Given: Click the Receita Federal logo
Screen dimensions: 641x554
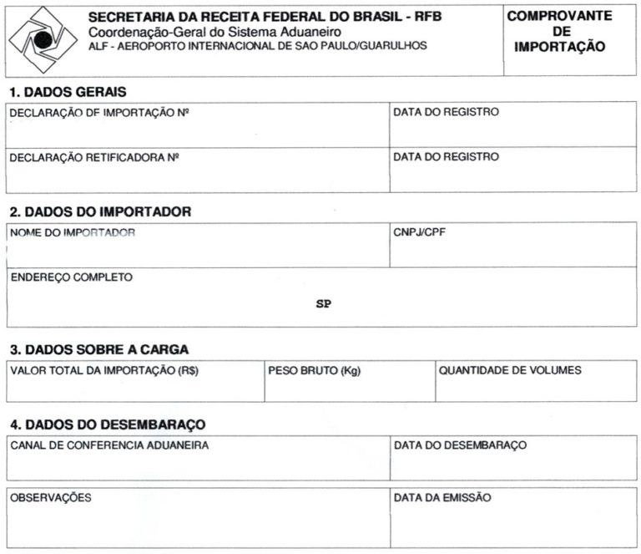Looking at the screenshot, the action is click(42, 39).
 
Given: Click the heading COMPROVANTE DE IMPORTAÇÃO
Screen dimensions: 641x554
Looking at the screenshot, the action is click(559, 32).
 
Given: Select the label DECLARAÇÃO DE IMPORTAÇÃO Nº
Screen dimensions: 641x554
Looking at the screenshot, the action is click(99, 112).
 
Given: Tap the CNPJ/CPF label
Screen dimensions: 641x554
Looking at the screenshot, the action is click(419, 232).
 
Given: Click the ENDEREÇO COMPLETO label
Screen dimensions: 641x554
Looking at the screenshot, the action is click(71, 277).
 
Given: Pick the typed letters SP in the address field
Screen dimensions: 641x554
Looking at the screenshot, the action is click(323, 304).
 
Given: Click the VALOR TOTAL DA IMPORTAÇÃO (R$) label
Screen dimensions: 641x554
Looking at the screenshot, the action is click(103, 370).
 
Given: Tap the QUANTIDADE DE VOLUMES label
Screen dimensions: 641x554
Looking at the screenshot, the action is click(510, 370).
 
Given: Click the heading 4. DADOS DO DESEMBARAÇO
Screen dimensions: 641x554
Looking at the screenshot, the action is click(107, 424).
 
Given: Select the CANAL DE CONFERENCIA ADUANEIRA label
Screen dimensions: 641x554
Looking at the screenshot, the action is click(109, 445).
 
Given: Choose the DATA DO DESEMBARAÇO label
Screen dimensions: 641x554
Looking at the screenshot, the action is click(460, 445).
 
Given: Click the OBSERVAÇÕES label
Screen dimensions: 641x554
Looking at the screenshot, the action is click(51, 497).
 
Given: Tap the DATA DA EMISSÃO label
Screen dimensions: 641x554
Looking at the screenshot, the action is click(442, 497).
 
